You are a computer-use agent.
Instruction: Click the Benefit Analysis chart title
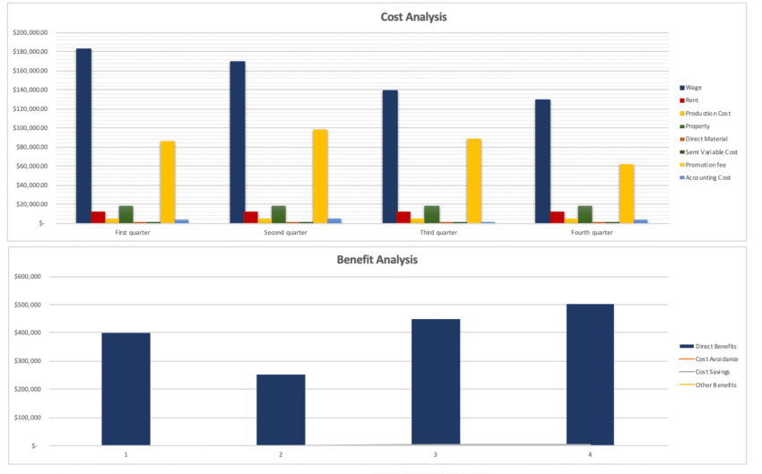coord(377,260)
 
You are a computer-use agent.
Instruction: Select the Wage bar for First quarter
coord(83,134)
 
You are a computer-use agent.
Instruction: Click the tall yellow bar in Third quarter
coord(474,180)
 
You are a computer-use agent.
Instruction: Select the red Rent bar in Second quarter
coord(251,217)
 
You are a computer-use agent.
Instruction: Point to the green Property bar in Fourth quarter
coord(584,214)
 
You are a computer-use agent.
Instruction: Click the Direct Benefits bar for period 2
coord(281,409)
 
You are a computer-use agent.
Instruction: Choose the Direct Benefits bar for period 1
coord(126,389)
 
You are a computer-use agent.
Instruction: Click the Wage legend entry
coord(693,88)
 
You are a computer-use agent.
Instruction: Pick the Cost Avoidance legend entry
coord(709,358)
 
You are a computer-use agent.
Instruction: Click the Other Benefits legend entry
coord(708,384)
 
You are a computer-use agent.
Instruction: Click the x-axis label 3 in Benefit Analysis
coord(436,454)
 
